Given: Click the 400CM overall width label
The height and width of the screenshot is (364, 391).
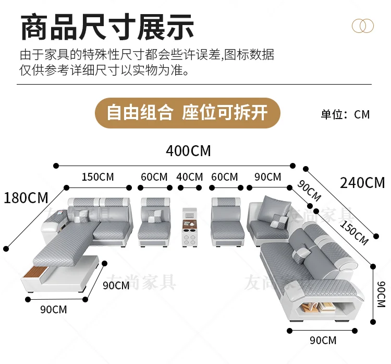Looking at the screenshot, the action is click(188, 151).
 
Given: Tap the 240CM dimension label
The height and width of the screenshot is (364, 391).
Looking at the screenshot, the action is click(362, 183).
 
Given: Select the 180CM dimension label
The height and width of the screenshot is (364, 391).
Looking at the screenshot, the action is click(26, 198).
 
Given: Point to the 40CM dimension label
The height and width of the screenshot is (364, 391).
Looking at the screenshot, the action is click(189, 177).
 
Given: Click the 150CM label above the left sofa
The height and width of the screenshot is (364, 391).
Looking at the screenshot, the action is click(97, 177).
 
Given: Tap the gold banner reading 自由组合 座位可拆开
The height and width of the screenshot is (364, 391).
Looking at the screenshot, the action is click(188, 113).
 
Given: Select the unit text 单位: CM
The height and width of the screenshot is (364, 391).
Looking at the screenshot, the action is click(345, 114).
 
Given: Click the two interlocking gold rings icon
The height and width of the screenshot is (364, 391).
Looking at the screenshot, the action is click(362, 26).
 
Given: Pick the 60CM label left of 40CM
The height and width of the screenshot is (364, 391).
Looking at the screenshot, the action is click(154, 177).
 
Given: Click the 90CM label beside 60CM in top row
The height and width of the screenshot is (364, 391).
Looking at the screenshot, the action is click(267, 177).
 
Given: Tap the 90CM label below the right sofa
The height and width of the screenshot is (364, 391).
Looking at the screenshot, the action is click(323, 340).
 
